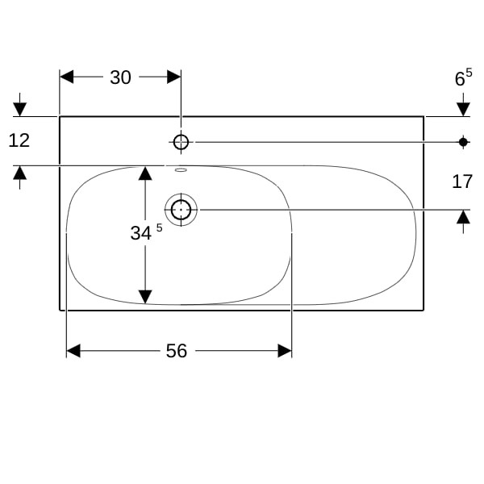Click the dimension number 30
click(120, 77)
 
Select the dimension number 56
click(177, 351)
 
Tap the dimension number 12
click(19, 140)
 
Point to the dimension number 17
click(462, 181)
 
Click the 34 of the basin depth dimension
click(140, 233)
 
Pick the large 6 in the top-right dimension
click(460, 79)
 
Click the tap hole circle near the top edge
click(181, 142)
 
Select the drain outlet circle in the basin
click(181, 210)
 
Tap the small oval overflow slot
click(181, 169)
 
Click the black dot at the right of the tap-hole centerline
click(463, 142)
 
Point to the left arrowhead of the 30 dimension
click(66, 77)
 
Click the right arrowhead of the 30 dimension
click(173, 77)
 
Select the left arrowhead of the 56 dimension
click(73, 351)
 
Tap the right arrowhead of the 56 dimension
click(285, 351)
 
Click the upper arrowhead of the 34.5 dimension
click(145, 173)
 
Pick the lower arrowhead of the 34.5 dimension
click(145, 297)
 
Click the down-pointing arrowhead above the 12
click(19, 110)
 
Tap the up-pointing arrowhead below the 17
click(463, 217)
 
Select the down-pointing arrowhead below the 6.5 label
click(463, 109)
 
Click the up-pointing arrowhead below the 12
click(19, 173)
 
